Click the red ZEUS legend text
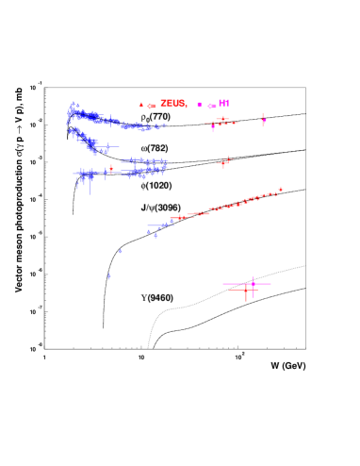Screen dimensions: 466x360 click(172, 104)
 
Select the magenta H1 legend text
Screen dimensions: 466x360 click(223, 103)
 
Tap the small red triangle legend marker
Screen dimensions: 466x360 click(141, 105)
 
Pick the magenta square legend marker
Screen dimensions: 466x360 click(199, 105)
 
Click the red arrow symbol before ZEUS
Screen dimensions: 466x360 click(152, 106)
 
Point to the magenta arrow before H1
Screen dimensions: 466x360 click(211, 106)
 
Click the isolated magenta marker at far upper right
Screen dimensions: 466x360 click(264, 120)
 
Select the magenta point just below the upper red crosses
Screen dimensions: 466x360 click(213, 127)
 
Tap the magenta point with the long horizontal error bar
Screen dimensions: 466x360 click(253, 283)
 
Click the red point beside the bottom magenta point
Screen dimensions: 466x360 click(246, 291)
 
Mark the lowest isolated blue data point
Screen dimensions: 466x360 click(109, 275)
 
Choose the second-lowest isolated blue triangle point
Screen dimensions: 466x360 click(120, 251)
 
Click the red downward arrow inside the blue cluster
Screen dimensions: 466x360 click(111, 170)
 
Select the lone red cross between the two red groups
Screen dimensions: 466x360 click(224, 163)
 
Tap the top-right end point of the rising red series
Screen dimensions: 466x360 click(280, 190)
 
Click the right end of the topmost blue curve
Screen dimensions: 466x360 click(164, 125)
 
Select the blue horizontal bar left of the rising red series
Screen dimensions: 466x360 click(156, 225)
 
